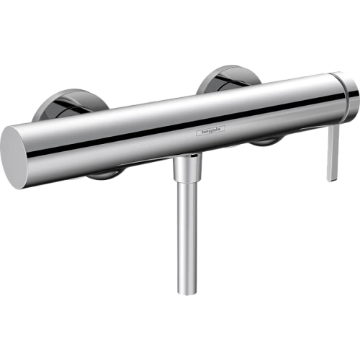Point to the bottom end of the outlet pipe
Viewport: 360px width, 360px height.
pyautogui.click(x=185, y=293)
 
